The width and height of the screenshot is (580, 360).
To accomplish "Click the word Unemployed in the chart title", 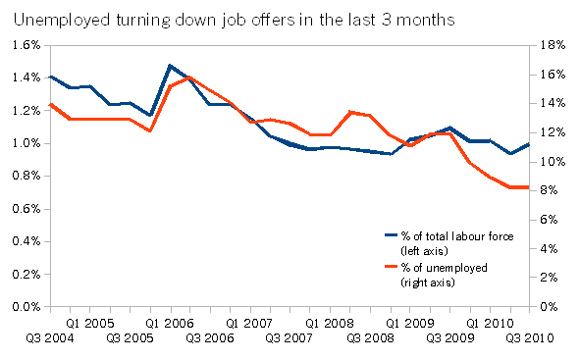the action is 62,20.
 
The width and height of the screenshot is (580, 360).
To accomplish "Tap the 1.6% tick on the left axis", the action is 26,45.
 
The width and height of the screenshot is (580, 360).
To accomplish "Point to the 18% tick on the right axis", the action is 553,45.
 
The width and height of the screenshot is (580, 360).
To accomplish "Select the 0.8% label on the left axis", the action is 26,176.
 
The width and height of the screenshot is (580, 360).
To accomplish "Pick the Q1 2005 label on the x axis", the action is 90,324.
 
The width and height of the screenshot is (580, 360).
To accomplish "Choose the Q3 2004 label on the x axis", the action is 50,337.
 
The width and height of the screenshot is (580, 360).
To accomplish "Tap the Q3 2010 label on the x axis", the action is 530,337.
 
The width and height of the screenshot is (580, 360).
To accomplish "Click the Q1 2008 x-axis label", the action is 330,324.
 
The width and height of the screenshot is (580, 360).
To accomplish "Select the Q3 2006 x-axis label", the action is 210,337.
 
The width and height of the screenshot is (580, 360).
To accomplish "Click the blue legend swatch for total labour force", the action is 391,235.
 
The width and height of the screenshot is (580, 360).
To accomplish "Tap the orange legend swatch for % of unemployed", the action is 391,267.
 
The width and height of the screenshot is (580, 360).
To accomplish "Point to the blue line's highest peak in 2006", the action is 170,66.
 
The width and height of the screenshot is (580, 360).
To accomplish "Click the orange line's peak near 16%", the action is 189,77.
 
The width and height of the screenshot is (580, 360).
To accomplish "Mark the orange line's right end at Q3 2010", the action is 529,187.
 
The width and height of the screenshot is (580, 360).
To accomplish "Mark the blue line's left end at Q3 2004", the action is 51,77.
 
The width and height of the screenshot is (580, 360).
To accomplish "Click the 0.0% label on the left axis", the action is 26,306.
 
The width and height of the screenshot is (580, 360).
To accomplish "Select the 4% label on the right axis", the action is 549,249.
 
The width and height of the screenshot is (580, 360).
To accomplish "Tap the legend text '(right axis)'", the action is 428,283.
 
